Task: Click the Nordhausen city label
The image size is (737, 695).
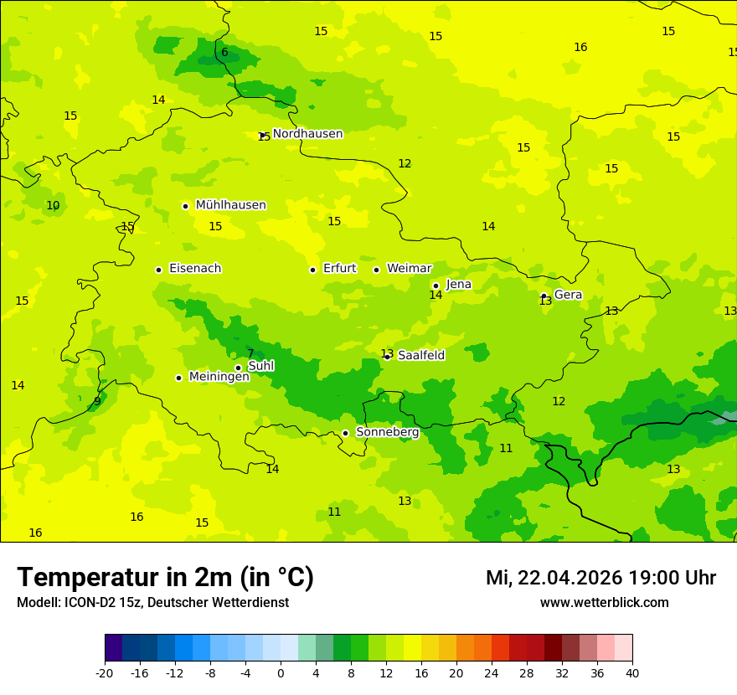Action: tap(307, 134)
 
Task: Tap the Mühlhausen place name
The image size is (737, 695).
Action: tap(230, 205)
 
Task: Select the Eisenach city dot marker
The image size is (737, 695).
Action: tap(158, 270)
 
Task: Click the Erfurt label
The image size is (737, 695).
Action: tap(339, 269)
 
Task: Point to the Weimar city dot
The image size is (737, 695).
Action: tap(376, 270)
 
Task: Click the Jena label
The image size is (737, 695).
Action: tap(458, 285)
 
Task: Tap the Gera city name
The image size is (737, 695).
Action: tap(568, 295)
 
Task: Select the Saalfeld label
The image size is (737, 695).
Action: tap(421, 356)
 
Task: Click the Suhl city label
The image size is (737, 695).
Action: tap(260, 366)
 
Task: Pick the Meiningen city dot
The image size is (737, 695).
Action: tap(178, 378)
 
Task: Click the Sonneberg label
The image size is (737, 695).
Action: tap(387, 432)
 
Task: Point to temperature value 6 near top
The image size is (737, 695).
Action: tap(224, 53)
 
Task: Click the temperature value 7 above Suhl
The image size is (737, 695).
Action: tap(250, 353)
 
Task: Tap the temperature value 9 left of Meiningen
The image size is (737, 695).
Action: tap(97, 401)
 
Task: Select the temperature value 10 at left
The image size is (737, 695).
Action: tap(53, 206)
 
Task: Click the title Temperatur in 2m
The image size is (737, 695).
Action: tap(165, 578)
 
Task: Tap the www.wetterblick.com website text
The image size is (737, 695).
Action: tap(604, 603)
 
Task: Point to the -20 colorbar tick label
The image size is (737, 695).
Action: tap(105, 672)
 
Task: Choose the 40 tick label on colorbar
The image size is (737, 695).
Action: tap(632, 672)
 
